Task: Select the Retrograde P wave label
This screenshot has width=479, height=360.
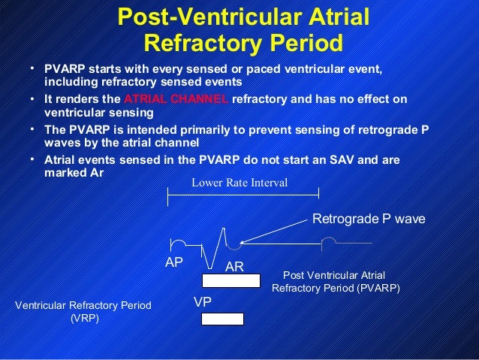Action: coord(368,219)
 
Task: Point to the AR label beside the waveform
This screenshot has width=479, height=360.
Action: coord(234,267)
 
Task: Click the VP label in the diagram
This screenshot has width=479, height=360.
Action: coord(201,301)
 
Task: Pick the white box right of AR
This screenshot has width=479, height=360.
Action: coord(231,281)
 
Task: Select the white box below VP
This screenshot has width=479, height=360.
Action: coord(222,319)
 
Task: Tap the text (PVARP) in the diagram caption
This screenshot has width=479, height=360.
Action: coord(379,288)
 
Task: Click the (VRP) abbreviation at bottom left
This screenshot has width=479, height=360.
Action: coord(83,318)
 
